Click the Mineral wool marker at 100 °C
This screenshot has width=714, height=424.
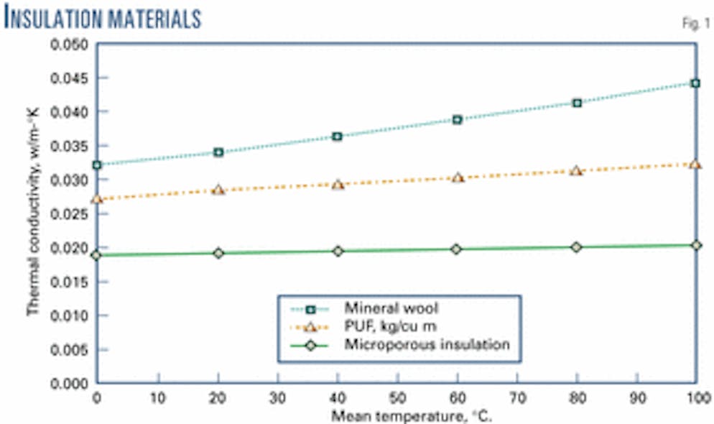tap(695, 83)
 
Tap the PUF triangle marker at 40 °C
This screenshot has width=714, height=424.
tap(338, 185)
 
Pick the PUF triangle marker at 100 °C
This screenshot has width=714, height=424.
tap(695, 164)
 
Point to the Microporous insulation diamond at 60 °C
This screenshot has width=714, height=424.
tap(457, 249)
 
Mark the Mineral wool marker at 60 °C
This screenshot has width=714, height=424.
tap(457, 119)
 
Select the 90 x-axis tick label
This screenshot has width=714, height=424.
tap(636, 397)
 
